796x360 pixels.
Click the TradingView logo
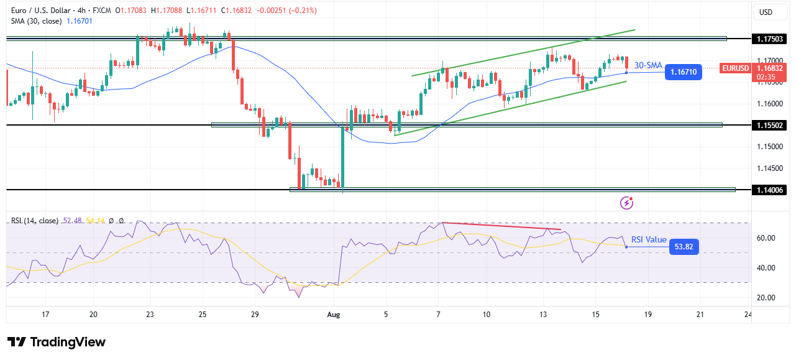[56, 342]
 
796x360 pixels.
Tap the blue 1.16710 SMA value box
[684, 72]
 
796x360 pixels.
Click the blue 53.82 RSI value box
[684, 247]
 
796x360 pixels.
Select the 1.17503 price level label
[770, 39]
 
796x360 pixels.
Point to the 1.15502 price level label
[770, 125]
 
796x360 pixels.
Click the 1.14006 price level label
[770, 190]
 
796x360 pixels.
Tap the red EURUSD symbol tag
[735, 68]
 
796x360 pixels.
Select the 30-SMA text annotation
[648, 66]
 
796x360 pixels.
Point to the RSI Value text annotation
[649, 239]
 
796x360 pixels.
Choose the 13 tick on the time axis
[543, 315]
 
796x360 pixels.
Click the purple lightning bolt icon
[627, 202]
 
